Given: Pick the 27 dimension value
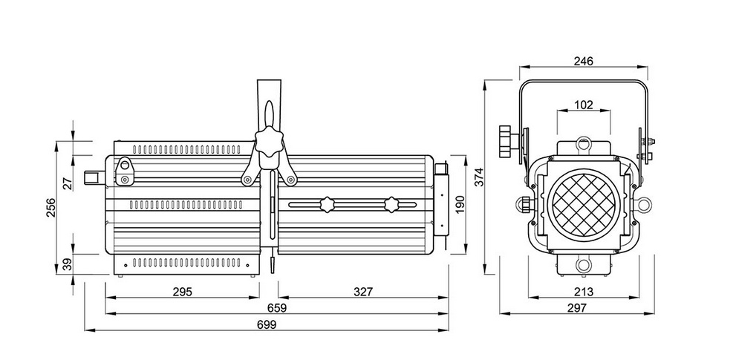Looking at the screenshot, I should tap(68, 183).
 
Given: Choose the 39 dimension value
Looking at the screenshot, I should tap(68, 263).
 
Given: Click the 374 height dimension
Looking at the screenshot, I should tap(479, 177).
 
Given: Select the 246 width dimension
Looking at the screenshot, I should tap(583, 62).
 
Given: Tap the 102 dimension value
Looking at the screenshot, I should tap(584, 105).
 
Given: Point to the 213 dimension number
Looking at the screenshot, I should tap(584, 291).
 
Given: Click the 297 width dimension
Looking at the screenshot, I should tap(583, 307).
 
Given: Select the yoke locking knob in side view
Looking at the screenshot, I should tap(270, 141).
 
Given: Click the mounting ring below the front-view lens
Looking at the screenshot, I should tap(582, 264).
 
